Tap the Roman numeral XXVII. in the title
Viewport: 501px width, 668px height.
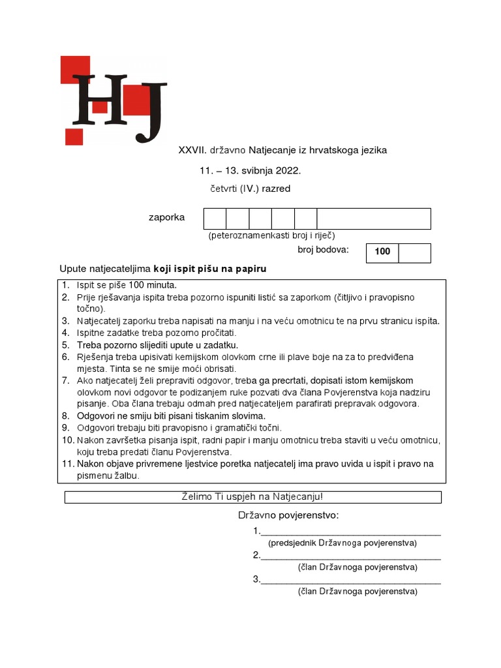[x=192, y=150]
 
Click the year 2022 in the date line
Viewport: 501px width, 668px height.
[x=288, y=170]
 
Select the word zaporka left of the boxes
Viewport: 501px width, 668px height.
[x=166, y=217]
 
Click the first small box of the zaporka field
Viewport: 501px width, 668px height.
[x=215, y=219]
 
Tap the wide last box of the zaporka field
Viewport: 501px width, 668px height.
[x=374, y=219]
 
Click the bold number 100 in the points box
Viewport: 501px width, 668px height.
[x=382, y=252]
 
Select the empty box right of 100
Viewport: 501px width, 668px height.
[x=414, y=253]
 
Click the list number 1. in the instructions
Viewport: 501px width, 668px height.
[x=65, y=285]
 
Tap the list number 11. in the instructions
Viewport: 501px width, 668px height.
[x=67, y=464]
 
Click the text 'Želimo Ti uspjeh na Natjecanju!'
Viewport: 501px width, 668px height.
[x=252, y=497]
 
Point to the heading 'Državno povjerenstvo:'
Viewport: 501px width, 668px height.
[x=288, y=516]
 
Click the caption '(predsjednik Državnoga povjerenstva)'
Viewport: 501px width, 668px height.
[x=342, y=543]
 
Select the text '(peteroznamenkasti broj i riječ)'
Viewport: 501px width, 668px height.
[x=271, y=235]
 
